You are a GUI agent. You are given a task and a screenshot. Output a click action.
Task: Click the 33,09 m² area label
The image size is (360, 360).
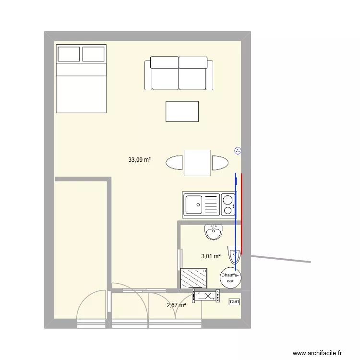pyautogui.click(x=139, y=160)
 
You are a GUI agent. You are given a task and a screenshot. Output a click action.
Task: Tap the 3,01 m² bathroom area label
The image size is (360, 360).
pyautogui.click(x=211, y=256)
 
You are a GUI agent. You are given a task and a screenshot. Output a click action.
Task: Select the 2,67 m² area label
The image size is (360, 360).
pyautogui.click(x=176, y=304)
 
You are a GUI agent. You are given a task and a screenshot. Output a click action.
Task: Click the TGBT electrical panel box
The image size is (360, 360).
pyautogui.click(x=234, y=302)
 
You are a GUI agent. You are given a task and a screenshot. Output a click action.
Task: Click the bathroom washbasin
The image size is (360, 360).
pyautogui.click(x=213, y=232)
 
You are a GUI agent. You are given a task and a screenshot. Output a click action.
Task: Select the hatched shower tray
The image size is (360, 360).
pyautogui.click(x=193, y=279)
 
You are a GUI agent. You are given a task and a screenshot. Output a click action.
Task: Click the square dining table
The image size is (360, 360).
pyautogui.click(x=197, y=163)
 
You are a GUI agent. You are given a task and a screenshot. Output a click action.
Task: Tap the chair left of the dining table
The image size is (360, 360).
pyautogui.click(x=174, y=163)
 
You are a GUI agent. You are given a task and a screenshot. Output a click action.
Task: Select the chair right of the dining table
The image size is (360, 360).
pyautogui.click(x=219, y=163)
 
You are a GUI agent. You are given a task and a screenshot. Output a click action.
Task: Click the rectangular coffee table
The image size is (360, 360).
pyautogui.click(x=182, y=111)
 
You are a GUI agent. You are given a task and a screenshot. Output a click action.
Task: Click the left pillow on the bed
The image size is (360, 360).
pyautogui.click(x=68, y=53)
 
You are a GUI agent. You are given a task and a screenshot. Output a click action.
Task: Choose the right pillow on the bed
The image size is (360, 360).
pyautogui.click(x=93, y=53)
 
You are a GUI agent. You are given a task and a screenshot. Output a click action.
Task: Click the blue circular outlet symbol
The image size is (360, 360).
pyautogui.click(x=237, y=151)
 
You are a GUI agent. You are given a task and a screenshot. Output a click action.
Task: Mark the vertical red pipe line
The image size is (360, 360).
pyautogui.click(x=241, y=214)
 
